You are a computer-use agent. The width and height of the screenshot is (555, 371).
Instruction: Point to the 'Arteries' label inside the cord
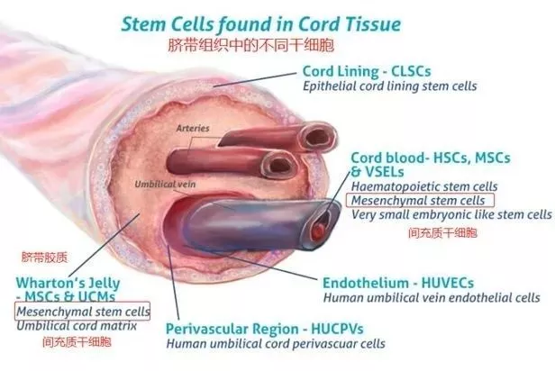point(194,129)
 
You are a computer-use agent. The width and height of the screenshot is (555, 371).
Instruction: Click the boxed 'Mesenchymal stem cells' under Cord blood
point(420,200)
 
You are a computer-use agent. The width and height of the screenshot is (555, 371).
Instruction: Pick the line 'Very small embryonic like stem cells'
point(450,214)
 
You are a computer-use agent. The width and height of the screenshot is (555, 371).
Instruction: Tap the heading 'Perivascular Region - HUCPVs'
point(262,328)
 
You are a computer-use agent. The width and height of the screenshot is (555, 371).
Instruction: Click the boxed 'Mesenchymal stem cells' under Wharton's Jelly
point(82,310)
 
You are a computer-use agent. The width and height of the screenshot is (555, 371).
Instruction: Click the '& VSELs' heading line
point(377,171)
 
